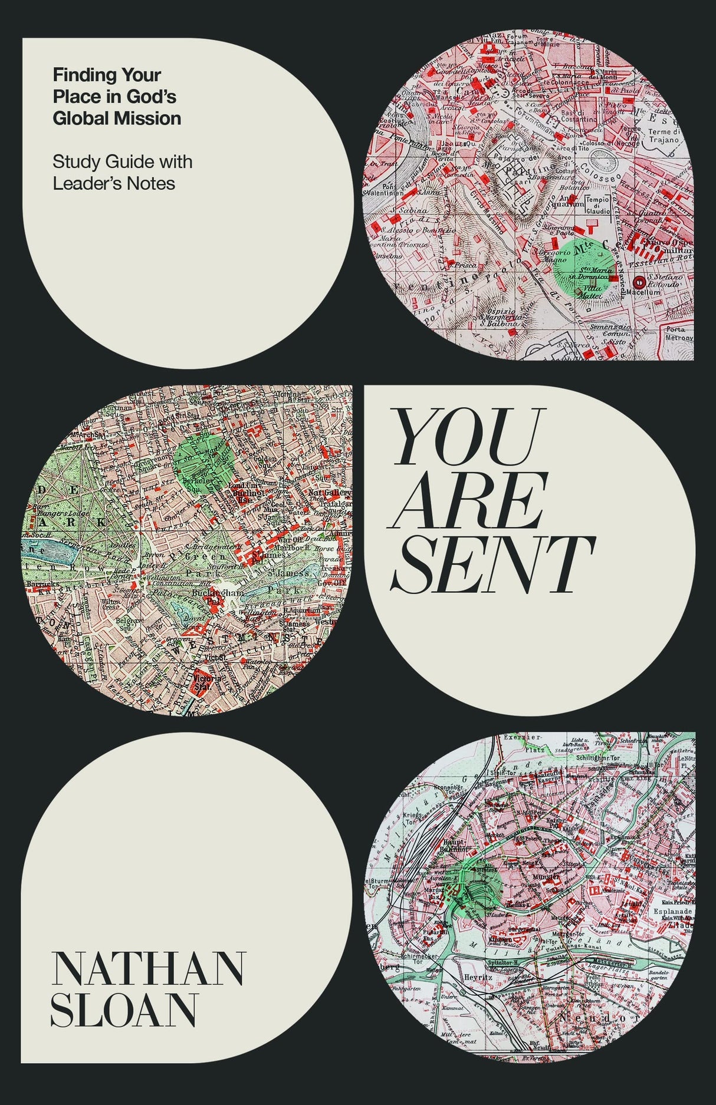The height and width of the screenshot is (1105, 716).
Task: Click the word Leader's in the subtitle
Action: pyautogui.click(x=89, y=183)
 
